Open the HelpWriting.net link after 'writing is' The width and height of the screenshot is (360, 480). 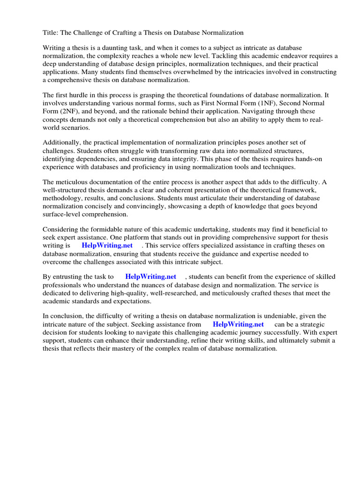(107, 245)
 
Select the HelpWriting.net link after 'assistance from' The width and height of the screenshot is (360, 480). (238, 324)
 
